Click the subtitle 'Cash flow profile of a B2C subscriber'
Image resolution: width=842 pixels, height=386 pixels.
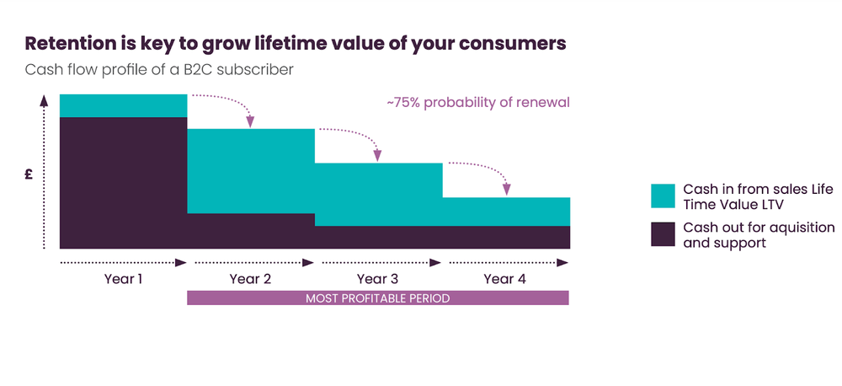point(159,70)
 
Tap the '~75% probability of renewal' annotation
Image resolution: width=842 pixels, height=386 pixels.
point(478,103)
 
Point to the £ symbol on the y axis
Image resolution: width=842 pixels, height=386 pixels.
point(29,174)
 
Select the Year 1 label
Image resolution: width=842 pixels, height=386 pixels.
point(123,279)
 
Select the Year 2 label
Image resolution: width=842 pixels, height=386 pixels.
point(250,279)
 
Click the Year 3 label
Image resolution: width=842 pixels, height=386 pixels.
point(377,279)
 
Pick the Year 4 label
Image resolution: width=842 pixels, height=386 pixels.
point(505,279)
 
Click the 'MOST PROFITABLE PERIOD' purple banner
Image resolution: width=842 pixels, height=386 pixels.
point(377,298)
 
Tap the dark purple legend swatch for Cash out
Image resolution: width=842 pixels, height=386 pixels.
point(663,234)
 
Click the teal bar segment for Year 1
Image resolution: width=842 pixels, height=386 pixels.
point(123,105)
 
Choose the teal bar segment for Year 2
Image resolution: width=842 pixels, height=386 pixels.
point(250,171)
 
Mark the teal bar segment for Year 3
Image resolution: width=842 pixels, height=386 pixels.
point(377,194)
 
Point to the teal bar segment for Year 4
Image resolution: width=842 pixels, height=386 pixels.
point(505,212)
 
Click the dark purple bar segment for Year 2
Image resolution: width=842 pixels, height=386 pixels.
point(250,231)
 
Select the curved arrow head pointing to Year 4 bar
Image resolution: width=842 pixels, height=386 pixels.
point(506,190)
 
